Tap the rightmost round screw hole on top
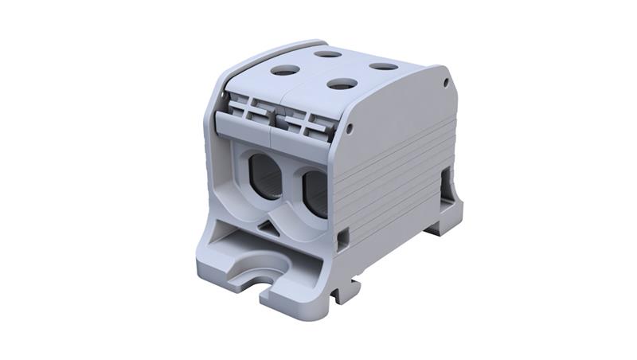pos(383,66)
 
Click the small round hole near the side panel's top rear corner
pos(444,80)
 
